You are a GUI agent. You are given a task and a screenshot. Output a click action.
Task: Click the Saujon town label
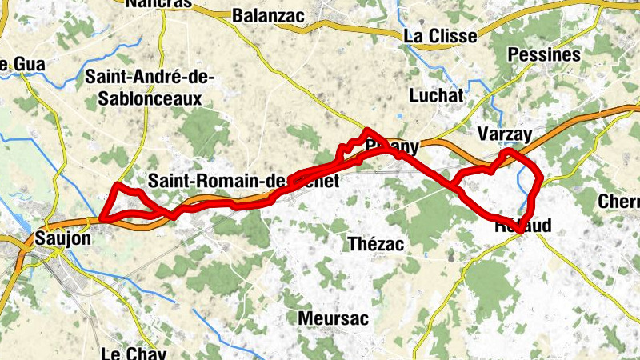click(63, 238)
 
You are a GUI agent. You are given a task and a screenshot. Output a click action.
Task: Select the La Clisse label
click(440, 36)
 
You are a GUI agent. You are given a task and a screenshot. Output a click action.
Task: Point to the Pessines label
click(544, 55)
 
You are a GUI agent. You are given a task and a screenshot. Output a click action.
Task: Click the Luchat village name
click(436, 95)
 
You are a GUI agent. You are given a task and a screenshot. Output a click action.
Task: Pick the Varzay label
click(503, 134)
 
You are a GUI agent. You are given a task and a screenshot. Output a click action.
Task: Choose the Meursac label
click(333, 318)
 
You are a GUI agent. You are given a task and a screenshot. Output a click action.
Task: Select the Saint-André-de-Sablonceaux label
click(144, 87)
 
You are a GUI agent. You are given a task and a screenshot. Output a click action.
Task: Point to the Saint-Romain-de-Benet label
click(244, 182)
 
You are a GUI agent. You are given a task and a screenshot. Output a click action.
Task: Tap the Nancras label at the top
click(159, 3)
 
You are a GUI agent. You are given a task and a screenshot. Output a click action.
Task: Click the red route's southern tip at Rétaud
click(520, 230)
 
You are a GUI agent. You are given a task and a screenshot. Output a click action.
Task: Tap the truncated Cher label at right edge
click(619, 199)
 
